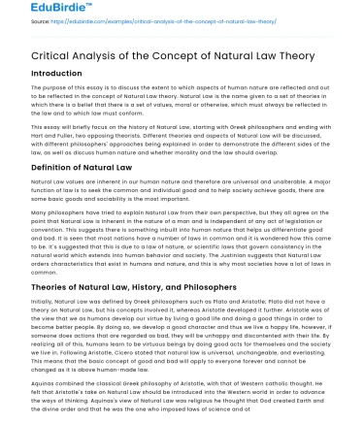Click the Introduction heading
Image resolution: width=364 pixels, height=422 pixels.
point(36,73)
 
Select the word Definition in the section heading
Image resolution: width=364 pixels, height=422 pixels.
point(32,167)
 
